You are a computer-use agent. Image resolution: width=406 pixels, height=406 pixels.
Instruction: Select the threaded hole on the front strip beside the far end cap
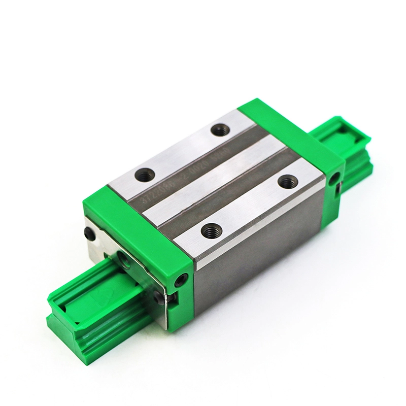tap(288, 180)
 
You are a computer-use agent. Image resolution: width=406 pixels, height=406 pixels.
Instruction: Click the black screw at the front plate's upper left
tap(90, 233)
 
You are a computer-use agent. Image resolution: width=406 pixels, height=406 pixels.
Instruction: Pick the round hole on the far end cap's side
tap(334, 177)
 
